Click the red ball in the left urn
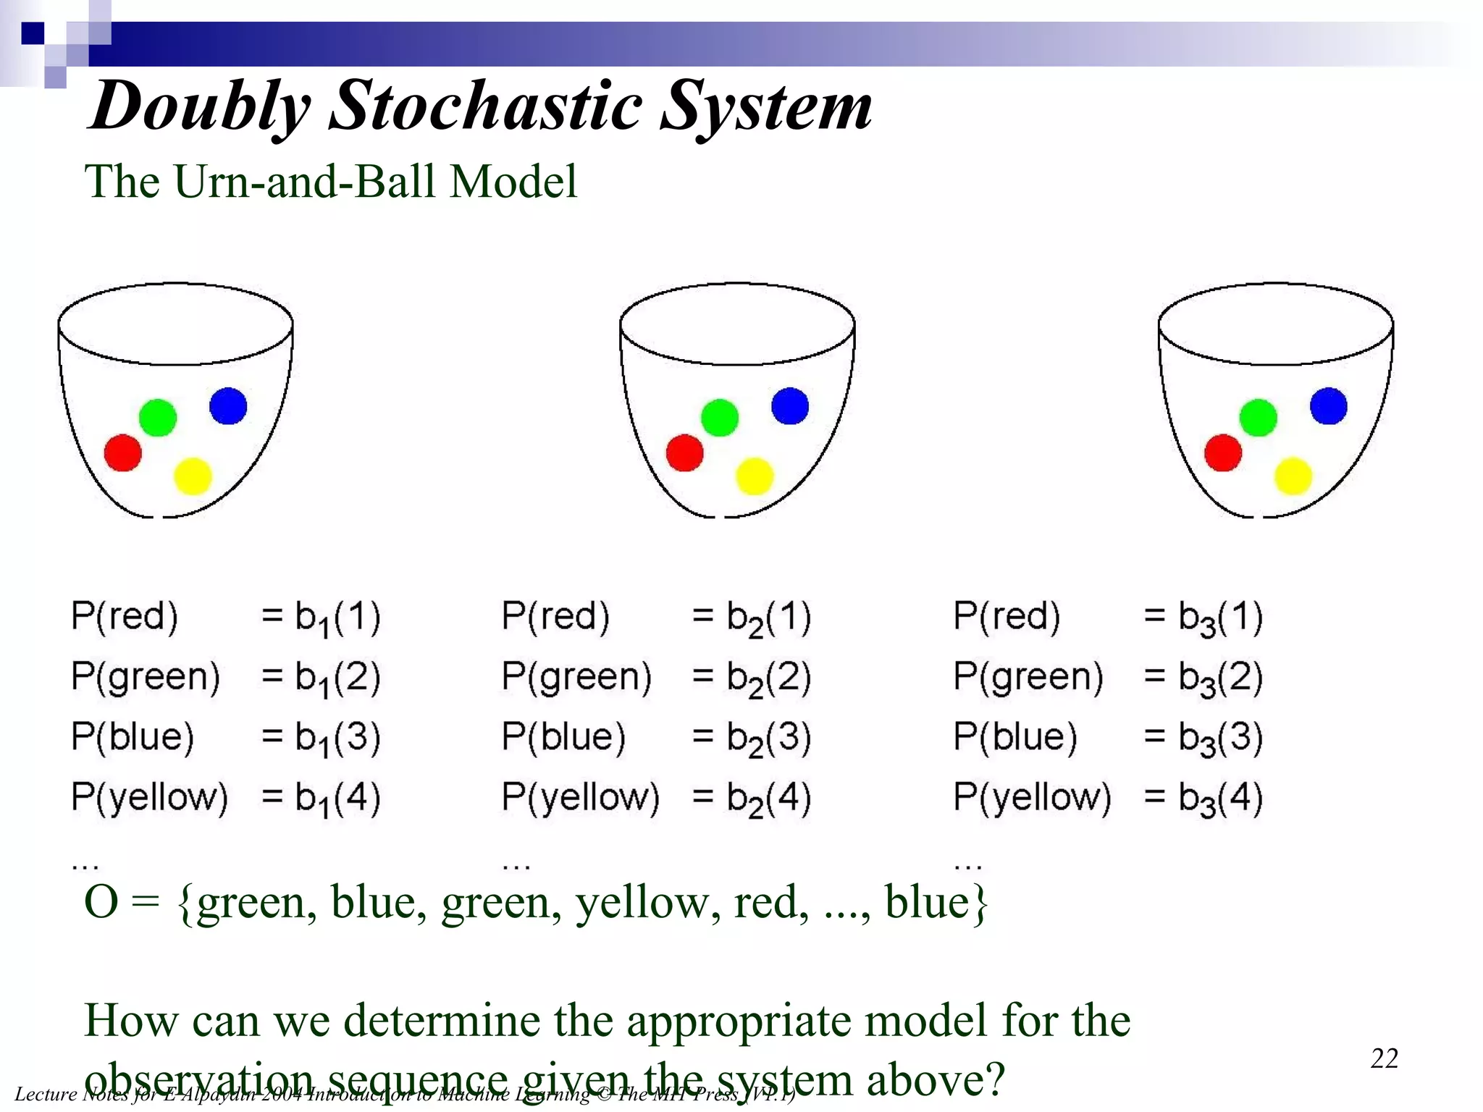[122, 453]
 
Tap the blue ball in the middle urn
[789, 405]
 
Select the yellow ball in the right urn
[1293, 476]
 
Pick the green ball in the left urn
[157, 418]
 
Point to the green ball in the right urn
[1258, 418]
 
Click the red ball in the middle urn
[684, 453]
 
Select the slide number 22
[1384, 1058]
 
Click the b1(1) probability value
[337, 618]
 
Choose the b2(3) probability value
[768, 738]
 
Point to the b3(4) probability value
[1220, 798]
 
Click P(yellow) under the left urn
[149, 797]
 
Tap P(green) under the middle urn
[576, 677]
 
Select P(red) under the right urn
[1007, 617]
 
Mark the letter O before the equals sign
[101, 903]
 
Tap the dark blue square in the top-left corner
[33, 33]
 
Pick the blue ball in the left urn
[228, 405]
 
